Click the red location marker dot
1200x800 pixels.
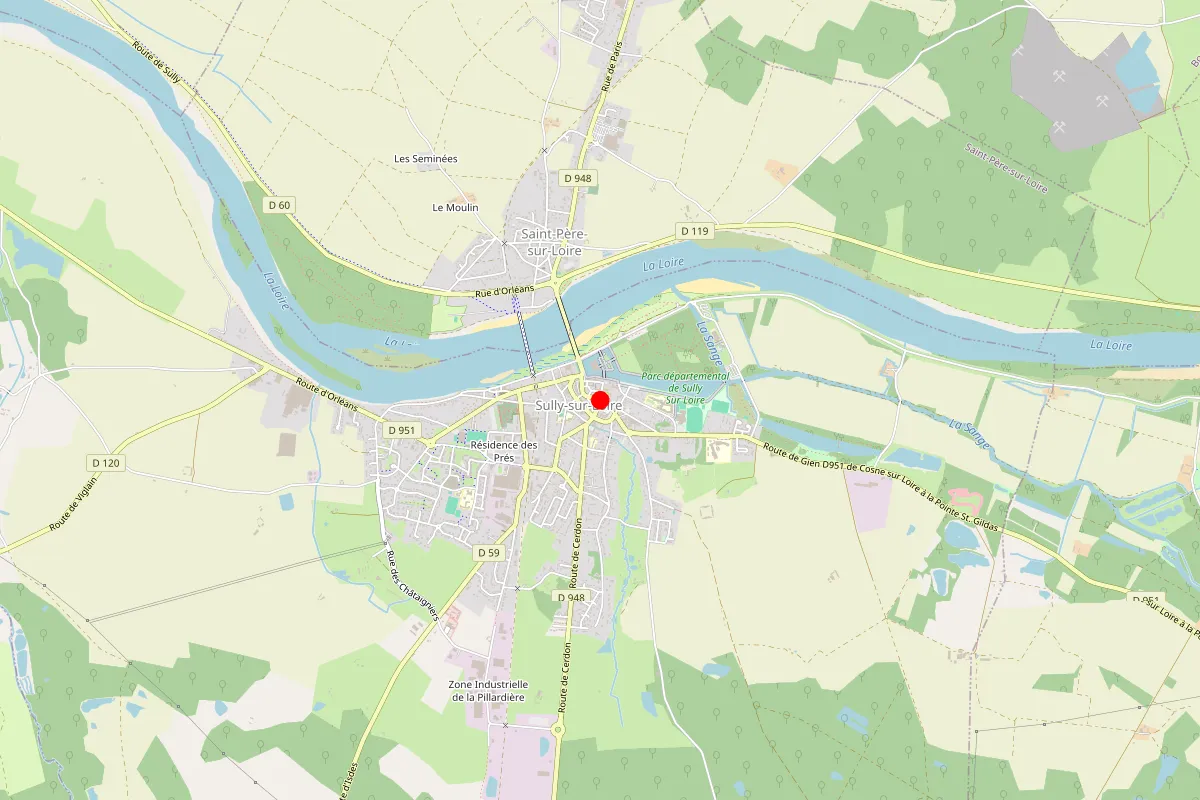tap(600, 401)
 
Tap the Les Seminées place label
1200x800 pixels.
tap(426, 159)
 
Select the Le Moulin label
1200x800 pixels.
tap(455, 208)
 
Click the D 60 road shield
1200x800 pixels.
tap(280, 205)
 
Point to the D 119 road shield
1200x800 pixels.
tap(694, 231)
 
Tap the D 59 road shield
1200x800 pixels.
tap(488, 552)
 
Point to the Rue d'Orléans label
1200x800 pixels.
tap(505, 291)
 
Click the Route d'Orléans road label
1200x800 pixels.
tap(326, 395)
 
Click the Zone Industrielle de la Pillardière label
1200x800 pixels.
tap(489, 691)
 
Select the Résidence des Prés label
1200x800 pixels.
tap(504, 451)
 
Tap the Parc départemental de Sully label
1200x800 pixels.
tap(686, 388)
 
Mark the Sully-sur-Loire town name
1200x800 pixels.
tap(578, 405)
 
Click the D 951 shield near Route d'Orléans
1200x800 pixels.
tap(400, 430)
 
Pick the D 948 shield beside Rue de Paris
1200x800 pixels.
tap(578, 178)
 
